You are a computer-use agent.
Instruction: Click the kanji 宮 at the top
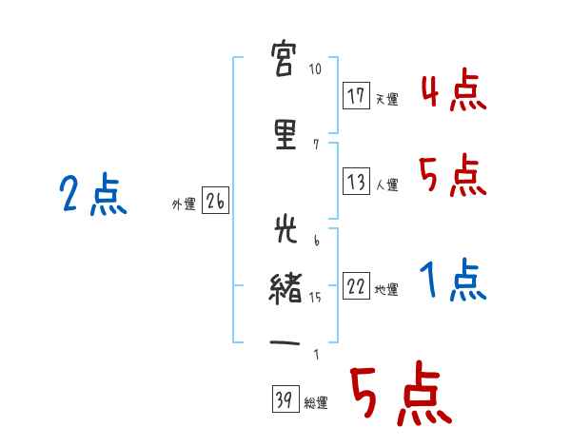[284, 59]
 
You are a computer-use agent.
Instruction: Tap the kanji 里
[285, 135]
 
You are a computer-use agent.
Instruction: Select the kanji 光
[285, 228]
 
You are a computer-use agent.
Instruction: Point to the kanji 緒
[285, 289]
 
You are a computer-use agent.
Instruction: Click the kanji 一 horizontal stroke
[285, 343]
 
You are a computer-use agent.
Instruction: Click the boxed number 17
[356, 96]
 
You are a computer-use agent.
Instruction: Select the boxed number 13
[356, 182]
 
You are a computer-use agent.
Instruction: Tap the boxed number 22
[356, 285]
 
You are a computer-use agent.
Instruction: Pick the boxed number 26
[215, 201]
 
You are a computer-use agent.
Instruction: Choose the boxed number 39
[285, 398]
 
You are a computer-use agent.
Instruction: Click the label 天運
[386, 99]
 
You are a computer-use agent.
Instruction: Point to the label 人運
[386, 185]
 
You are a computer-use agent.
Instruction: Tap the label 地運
[386, 290]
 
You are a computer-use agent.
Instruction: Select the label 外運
[184, 204]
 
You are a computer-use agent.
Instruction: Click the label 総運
[316, 402]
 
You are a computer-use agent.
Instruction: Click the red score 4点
[454, 91]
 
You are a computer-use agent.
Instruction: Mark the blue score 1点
[453, 280]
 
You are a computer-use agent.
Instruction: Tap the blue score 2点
[93, 194]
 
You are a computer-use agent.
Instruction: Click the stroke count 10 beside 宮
[315, 68]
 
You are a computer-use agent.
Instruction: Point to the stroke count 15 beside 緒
[315, 298]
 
